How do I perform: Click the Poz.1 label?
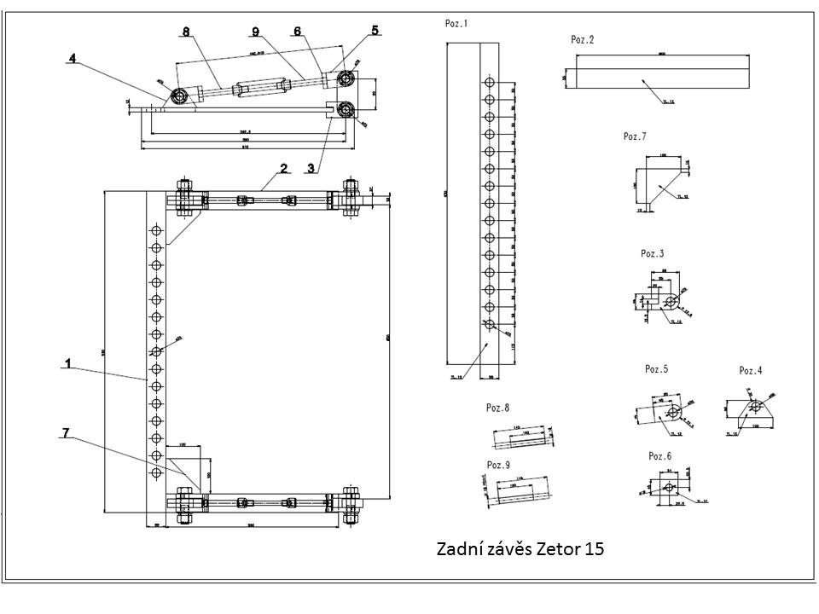(x=456, y=24)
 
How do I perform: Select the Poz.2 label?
(x=583, y=39)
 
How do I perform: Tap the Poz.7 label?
(x=636, y=136)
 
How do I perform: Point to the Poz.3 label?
(x=653, y=253)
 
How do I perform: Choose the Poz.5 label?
(x=657, y=369)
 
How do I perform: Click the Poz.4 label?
(x=751, y=370)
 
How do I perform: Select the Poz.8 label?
(x=497, y=408)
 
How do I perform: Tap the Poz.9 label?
(x=497, y=465)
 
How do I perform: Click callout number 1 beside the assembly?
(x=67, y=363)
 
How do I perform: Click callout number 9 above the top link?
(x=254, y=32)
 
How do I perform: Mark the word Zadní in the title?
(x=458, y=548)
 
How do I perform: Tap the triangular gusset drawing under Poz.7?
(x=661, y=182)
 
